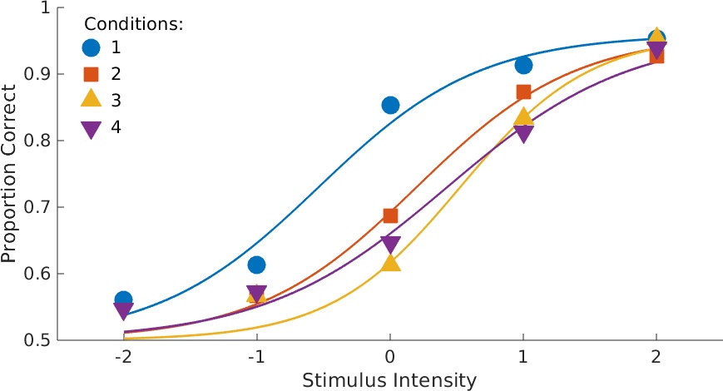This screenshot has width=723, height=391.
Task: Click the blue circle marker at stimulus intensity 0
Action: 390,105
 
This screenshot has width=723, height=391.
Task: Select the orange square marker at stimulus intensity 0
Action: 390,215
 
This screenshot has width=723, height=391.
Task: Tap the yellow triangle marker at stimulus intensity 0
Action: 390,263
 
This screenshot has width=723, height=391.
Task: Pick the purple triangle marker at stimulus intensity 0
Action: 390,245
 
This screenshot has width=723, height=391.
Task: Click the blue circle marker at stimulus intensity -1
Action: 256,265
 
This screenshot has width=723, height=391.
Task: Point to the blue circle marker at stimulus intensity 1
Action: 523,65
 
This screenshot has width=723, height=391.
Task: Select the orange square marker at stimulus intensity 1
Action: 523,92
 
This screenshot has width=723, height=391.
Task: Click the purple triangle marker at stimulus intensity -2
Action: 123,311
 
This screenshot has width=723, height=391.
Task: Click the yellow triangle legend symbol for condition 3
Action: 92,101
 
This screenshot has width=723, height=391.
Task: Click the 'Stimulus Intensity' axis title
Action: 389,380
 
